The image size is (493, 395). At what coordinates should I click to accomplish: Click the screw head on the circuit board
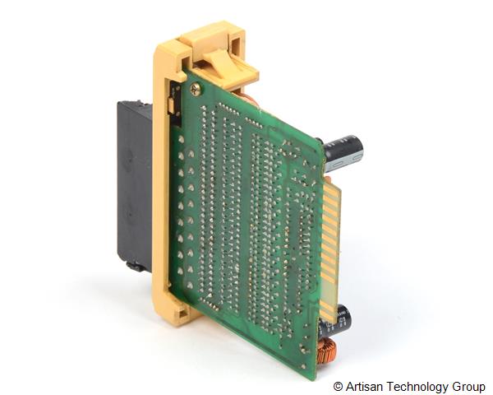[196, 89]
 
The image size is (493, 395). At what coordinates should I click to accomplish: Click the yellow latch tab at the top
[230, 67]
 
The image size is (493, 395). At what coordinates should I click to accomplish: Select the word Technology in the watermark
[417, 387]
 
